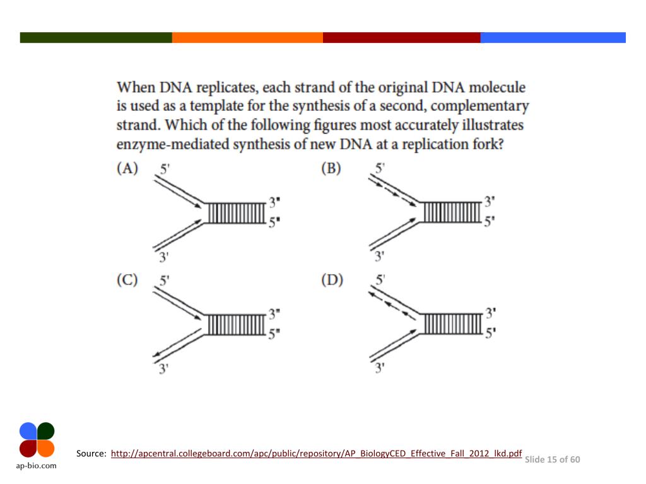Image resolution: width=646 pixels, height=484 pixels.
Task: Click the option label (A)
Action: [x=127, y=169]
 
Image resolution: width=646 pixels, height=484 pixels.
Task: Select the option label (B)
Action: [x=332, y=169]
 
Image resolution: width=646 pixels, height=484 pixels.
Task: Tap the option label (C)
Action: [x=127, y=280]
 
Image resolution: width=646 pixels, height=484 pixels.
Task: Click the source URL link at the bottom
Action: [x=316, y=453]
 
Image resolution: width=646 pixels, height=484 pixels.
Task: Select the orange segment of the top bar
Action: [x=247, y=38]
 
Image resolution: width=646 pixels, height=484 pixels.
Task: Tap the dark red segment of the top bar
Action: [x=401, y=38]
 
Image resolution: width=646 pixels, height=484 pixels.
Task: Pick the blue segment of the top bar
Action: [x=553, y=38]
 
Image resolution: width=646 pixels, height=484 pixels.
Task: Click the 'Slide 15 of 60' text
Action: [x=552, y=459]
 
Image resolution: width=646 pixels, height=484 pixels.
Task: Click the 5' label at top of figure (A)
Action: [x=165, y=169]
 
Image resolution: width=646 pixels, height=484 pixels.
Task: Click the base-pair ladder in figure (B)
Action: [x=452, y=212]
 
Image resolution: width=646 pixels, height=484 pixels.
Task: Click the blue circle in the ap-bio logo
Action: [x=28, y=431]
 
